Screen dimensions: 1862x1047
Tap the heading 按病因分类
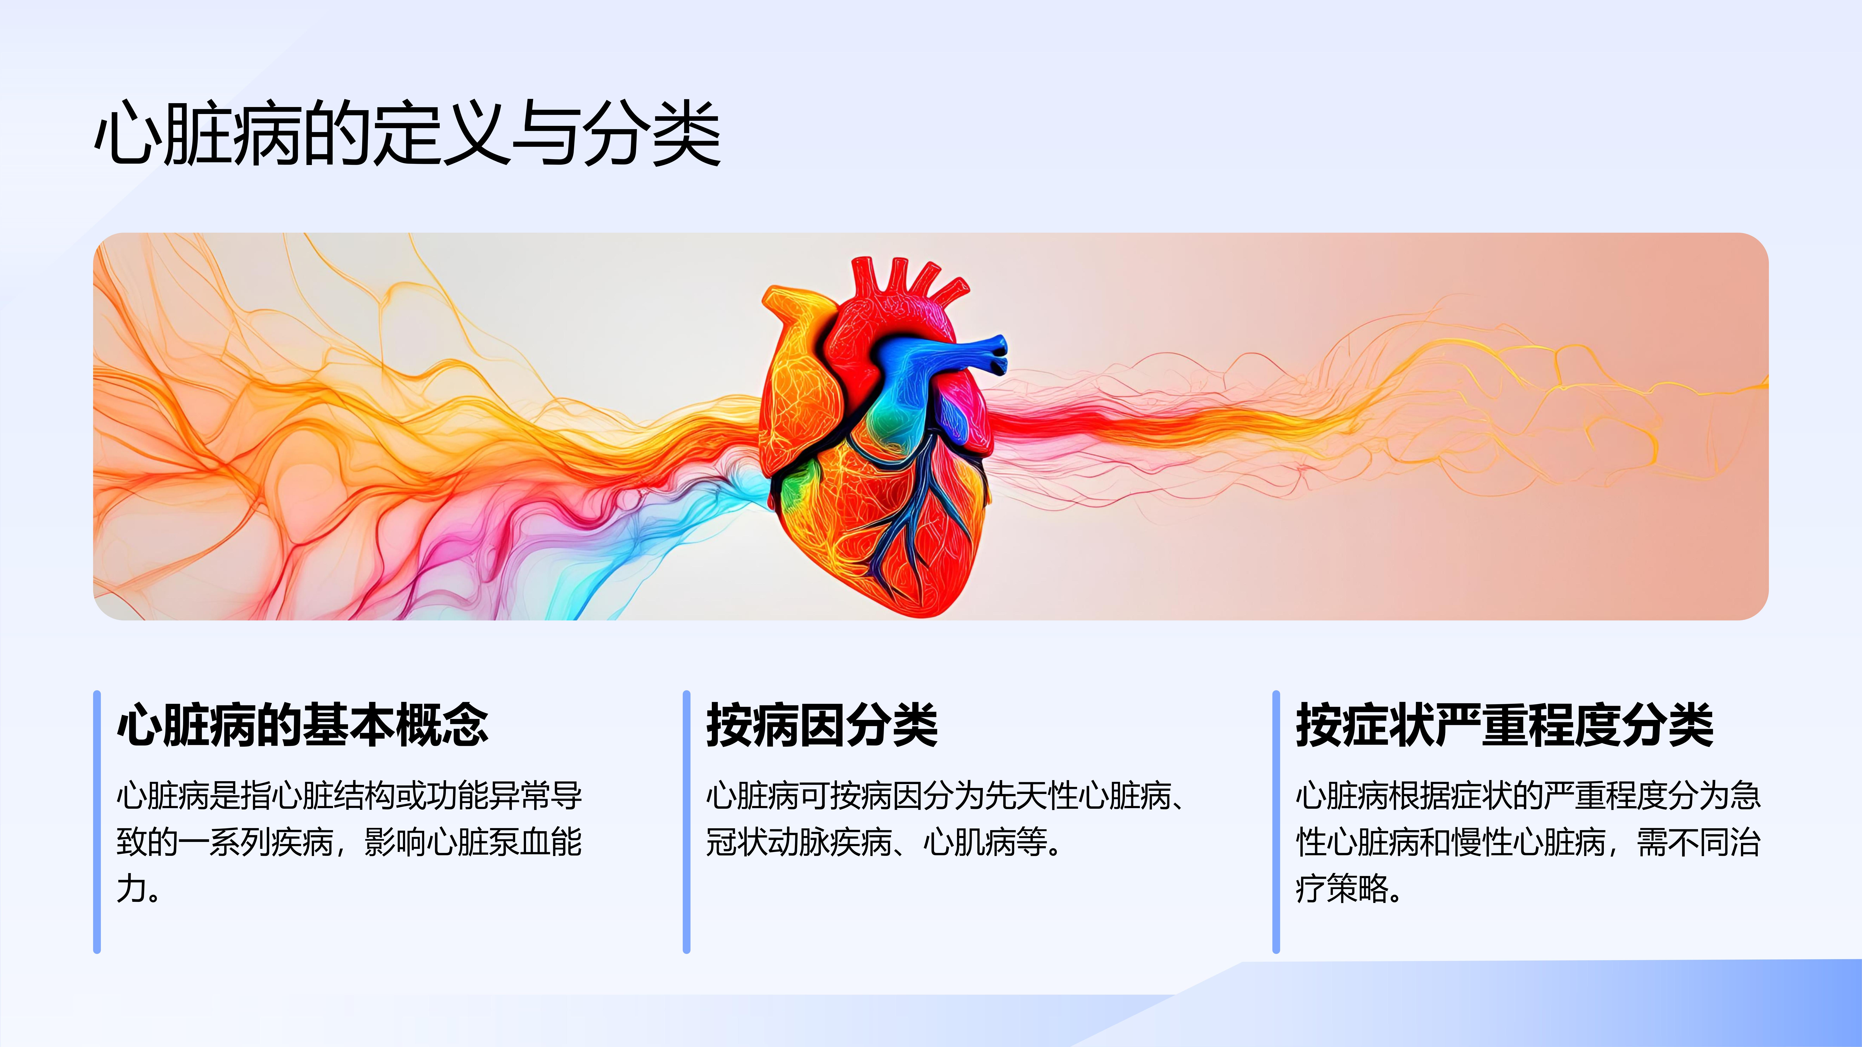[x=822, y=724]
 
